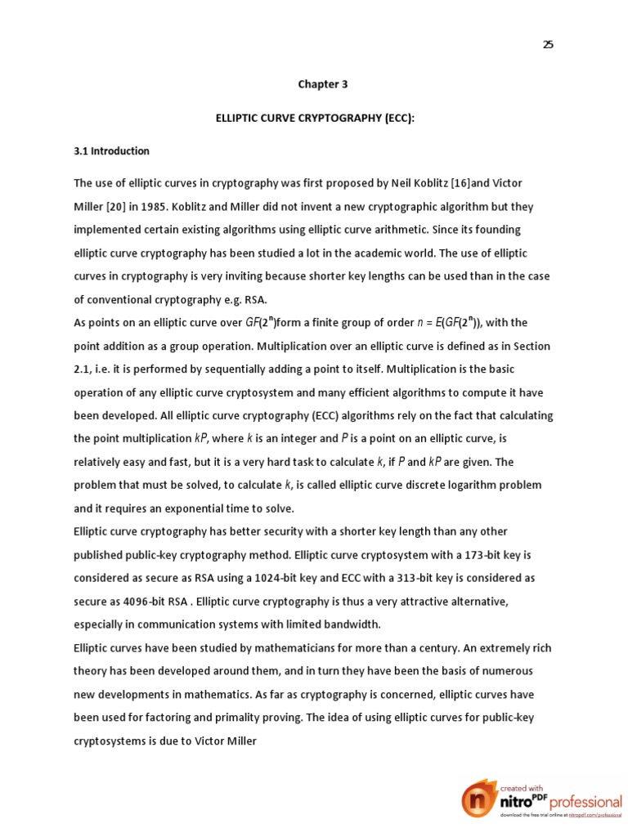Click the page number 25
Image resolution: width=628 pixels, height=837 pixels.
tap(548, 45)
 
